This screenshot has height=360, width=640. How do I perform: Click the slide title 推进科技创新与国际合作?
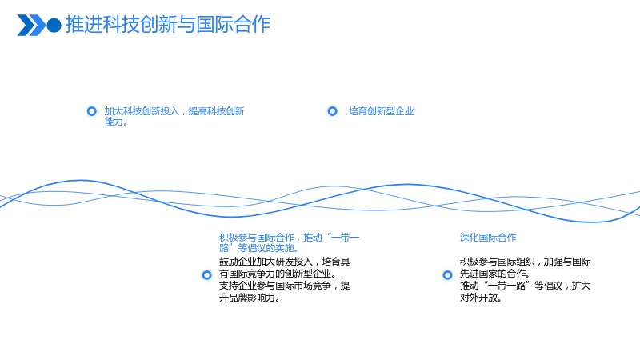point(168,25)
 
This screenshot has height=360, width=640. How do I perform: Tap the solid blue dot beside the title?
point(54,26)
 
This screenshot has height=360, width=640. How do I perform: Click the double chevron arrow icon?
point(31,26)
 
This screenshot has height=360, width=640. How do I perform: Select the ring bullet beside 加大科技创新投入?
point(92,111)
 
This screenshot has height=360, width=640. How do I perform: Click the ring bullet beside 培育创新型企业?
point(333,111)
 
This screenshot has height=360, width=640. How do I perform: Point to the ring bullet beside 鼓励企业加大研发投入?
point(207,275)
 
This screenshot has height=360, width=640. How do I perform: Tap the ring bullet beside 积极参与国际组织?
point(448,275)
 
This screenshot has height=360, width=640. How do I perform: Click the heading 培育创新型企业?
point(382,111)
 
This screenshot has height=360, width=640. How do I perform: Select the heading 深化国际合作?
point(488,238)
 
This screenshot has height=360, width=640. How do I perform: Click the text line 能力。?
point(116,122)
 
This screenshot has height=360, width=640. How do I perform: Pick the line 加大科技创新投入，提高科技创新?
point(174,111)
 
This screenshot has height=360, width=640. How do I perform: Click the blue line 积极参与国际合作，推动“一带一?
point(289,238)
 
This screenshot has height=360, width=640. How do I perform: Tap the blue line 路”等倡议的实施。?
point(259,248)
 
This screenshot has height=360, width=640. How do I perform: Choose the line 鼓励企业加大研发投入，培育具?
point(285,262)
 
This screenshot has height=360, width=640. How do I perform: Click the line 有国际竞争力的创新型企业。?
point(278,274)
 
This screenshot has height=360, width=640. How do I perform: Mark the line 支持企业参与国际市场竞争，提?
point(285,286)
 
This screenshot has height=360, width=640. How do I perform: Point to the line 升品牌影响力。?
point(250,298)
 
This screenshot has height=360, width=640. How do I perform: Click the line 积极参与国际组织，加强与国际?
point(526,262)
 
